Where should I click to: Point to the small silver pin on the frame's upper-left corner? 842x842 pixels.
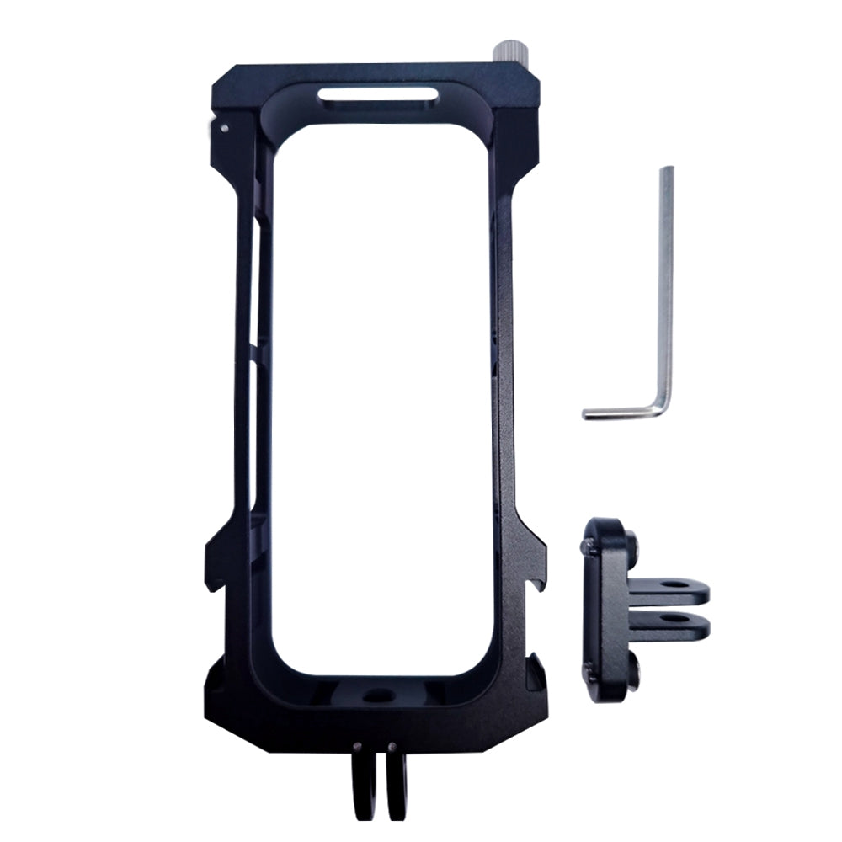tap(222, 129)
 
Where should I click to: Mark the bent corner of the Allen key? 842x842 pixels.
tap(663, 408)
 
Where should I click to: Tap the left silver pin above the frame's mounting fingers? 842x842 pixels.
tap(359, 745)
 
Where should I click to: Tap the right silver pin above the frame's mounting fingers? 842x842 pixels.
tap(392, 745)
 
